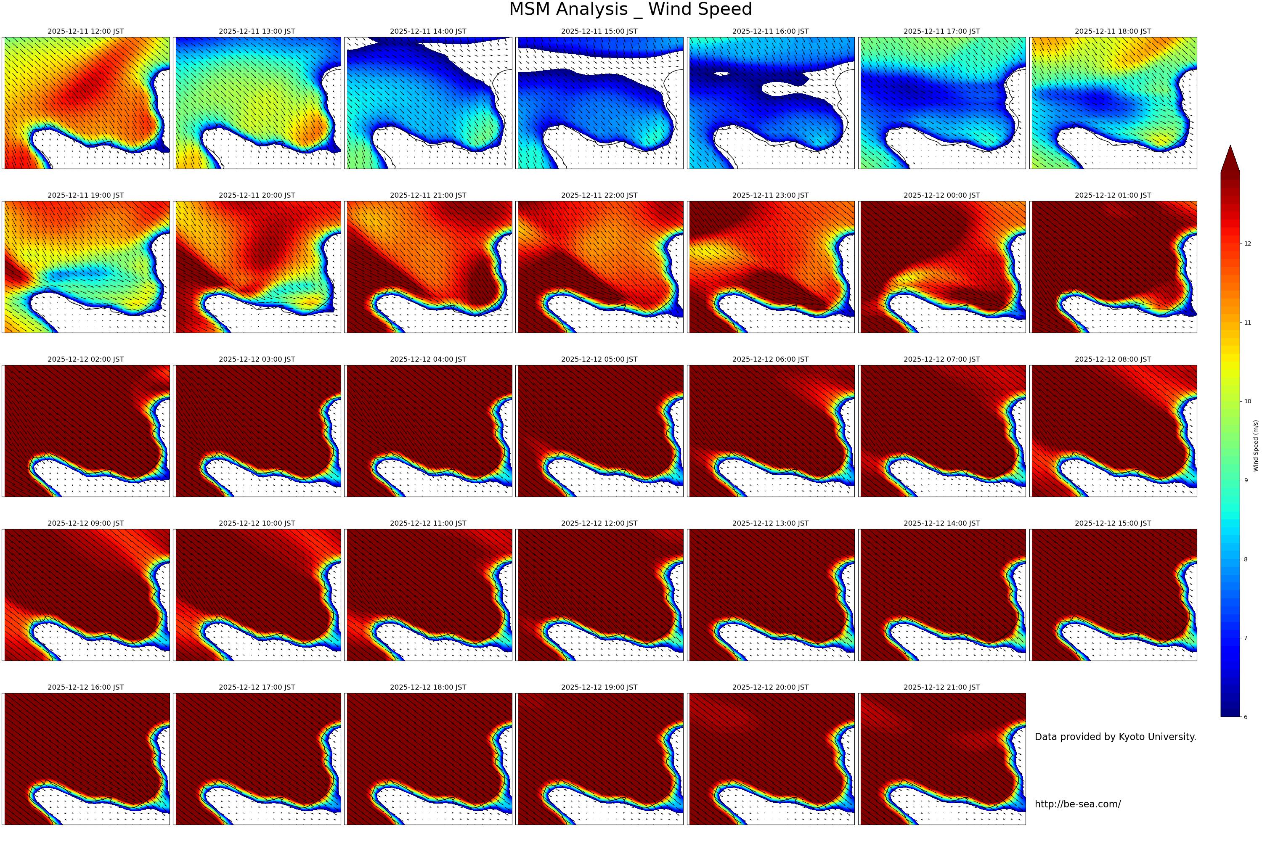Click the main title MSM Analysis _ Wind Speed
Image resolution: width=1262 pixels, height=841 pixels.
click(631, 10)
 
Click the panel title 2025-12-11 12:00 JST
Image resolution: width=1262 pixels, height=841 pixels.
click(85, 31)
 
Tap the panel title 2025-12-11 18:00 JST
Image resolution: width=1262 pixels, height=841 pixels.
click(1112, 31)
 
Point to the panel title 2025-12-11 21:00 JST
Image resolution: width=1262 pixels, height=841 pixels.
click(428, 195)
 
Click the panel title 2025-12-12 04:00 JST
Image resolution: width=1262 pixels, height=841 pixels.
click(428, 360)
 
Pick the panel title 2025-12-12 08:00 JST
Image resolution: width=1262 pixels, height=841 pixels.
click(1112, 360)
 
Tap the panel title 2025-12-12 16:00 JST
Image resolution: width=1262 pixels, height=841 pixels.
click(85, 687)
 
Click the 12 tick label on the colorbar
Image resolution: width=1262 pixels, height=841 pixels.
click(1248, 243)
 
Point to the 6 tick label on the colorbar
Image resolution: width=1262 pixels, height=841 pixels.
click(1246, 717)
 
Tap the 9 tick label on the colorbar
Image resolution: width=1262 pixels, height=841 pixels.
click(1246, 481)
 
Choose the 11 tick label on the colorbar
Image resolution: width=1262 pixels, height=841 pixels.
click(1248, 323)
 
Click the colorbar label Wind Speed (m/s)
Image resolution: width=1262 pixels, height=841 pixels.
click(1256, 446)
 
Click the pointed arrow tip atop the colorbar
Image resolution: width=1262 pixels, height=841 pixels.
click(1230, 150)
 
